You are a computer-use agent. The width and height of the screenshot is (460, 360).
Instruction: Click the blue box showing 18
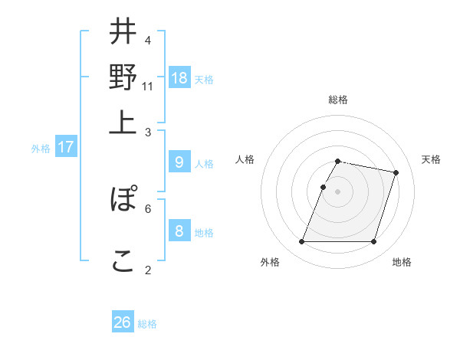tap(179, 77)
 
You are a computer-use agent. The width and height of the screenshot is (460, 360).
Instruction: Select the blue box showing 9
tap(179, 162)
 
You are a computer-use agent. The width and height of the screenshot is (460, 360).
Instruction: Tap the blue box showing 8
tap(179, 231)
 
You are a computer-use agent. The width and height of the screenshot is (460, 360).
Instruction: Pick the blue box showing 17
tap(66, 147)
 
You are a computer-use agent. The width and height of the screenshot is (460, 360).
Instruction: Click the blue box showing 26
tap(123, 322)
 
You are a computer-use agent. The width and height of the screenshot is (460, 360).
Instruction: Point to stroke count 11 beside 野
tap(148, 87)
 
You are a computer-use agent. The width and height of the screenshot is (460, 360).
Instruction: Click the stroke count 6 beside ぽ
tap(148, 208)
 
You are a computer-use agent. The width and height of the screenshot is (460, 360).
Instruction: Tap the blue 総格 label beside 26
tap(147, 324)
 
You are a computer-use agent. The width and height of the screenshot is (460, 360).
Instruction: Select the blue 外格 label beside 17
tap(41, 149)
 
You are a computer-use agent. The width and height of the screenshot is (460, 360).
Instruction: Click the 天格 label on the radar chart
tap(431, 159)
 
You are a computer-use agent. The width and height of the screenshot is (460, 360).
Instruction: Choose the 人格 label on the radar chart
tap(245, 159)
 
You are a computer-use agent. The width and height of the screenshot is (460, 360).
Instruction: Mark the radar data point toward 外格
tap(302, 242)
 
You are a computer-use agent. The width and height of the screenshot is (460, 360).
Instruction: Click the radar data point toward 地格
tap(374, 242)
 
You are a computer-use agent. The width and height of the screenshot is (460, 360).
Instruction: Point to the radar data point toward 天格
tap(396, 172)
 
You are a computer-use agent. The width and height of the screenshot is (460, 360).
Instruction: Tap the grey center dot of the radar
tap(338, 191)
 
